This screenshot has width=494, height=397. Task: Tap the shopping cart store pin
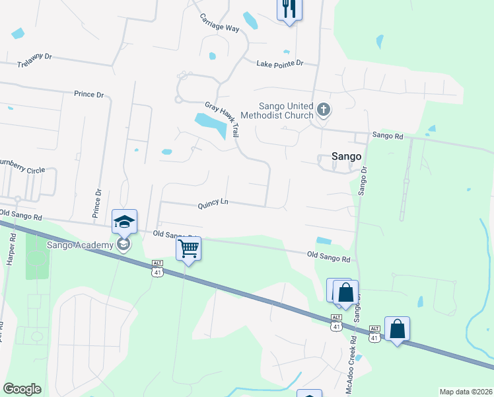188,249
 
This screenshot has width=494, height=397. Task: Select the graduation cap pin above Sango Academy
123,222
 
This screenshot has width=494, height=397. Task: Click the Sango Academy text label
80,245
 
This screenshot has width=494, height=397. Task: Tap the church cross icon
323,109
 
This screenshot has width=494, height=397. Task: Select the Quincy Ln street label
213,204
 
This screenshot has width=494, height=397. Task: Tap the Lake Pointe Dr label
279,63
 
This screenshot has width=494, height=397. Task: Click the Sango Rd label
387,135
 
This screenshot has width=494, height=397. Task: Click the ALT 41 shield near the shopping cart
157,267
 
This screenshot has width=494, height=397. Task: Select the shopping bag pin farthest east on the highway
397,328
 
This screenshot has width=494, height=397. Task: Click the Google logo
22,389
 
